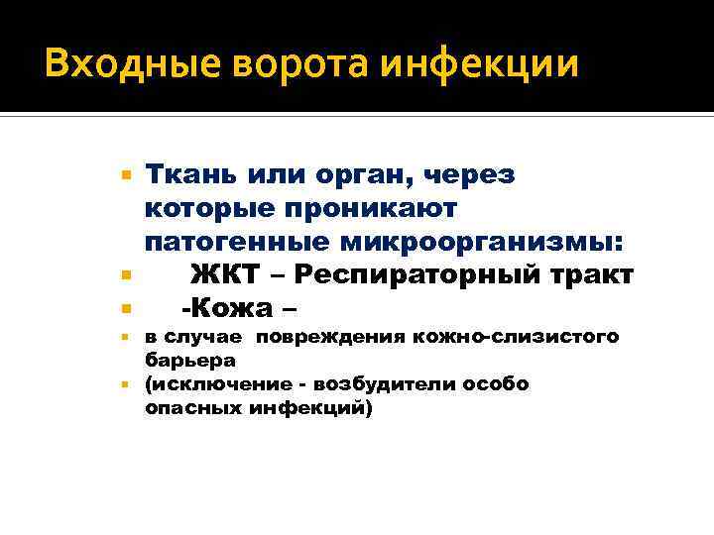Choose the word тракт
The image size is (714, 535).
593,274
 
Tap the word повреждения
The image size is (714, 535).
322,339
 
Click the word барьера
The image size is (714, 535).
183,361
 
